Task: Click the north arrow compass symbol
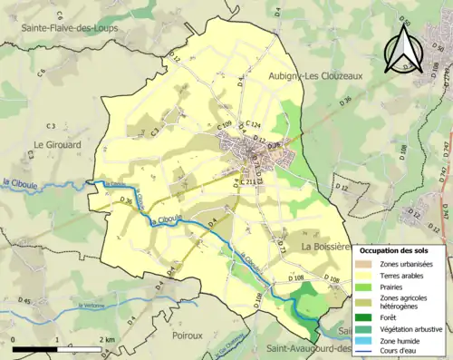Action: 404,49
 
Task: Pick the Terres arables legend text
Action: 406,277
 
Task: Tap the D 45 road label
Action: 24,301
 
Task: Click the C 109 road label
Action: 225,124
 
